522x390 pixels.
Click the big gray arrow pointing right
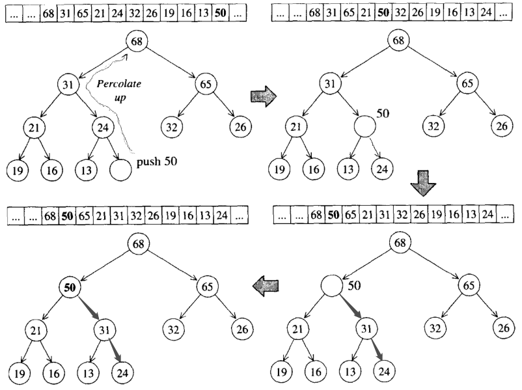[x=263, y=96]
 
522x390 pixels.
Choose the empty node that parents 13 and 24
[x=366, y=126]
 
